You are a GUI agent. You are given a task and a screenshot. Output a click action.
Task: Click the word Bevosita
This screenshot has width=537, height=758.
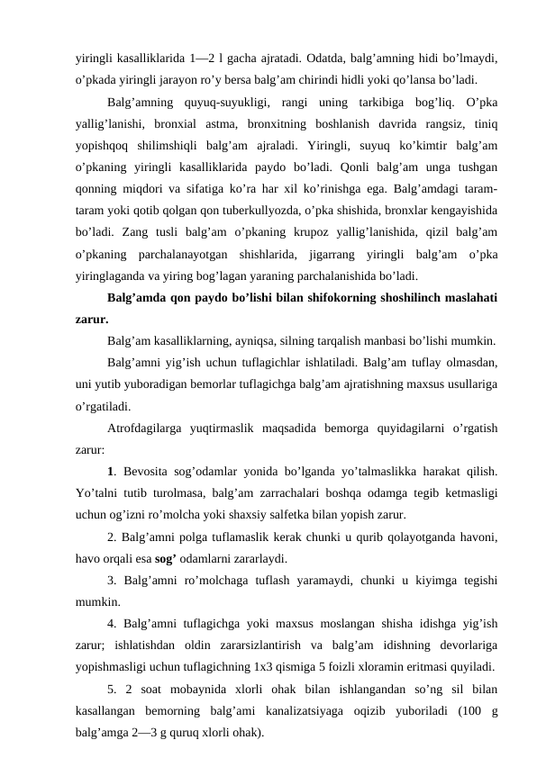(x=145, y=468)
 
